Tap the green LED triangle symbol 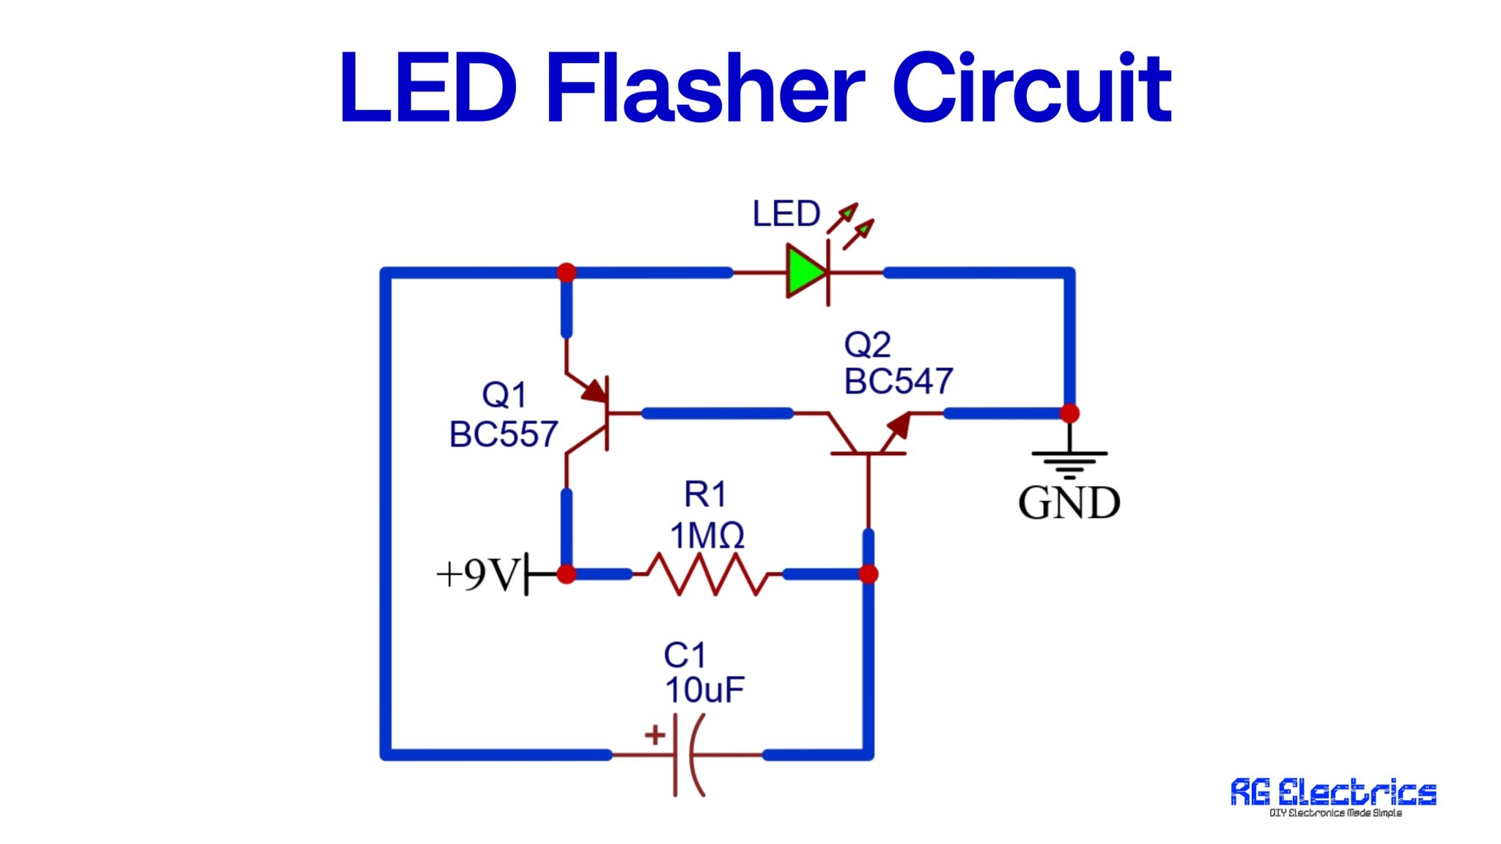pyautogui.click(x=805, y=272)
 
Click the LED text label pyautogui.click(x=786, y=214)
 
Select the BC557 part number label pyautogui.click(x=504, y=434)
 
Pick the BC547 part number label pyautogui.click(x=899, y=382)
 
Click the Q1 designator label pyautogui.click(x=504, y=395)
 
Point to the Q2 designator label pyautogui.click(x=867, y=344)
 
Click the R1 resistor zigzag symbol pyautogui.click(x=707, y=574)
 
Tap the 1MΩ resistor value pyautogui.click(x=707, y=536)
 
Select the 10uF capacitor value pyautogui.click(x=704, y=689)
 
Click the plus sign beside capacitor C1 pyautogui.click(x=654, y=734)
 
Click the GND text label pyautogui.click(x=1069, y=503)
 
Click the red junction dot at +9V pyautogui.click(x=567, y=574)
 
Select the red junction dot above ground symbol pyautogui.click(x=1069, y=413)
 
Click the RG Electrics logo pyautogui.click(x=1333, y=796)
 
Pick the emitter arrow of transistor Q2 pyautogui.click(x=899, y=426)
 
